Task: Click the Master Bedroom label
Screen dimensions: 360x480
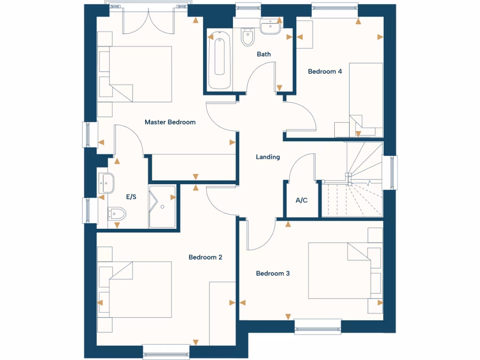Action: click(x=170, y=122)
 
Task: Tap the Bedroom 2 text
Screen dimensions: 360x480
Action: click(x=205, y=257)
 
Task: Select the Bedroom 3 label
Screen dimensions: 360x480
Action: click(x=273, y=273)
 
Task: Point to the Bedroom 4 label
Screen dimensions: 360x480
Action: click(x=325, y=72)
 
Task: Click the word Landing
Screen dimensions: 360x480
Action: click(x=268, y=157)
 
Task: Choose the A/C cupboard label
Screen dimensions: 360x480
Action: click(x=301, y=201)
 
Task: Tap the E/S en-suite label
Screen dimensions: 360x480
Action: click(x=131, y=197)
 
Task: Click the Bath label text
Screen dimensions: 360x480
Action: click(x=263, y=54)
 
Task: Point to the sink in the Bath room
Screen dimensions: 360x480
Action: click(x=270, y=28)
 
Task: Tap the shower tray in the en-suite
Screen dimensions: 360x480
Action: click(x=162, y=207)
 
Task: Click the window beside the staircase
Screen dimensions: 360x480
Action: click(x=390, y=172)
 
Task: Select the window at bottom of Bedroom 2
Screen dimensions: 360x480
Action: click(x=166, y=351)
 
